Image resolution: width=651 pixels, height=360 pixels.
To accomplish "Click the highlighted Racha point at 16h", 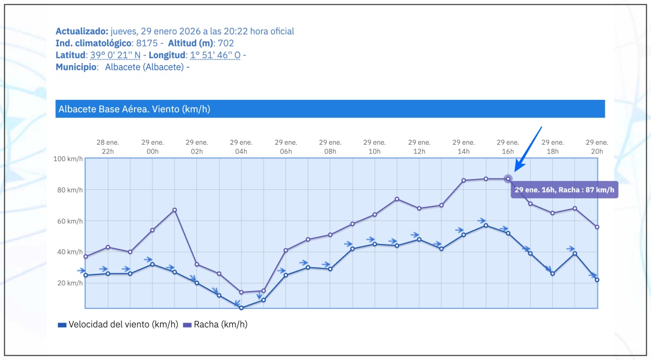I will click(x=508, y=179).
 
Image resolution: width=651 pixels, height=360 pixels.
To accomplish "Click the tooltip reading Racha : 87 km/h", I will click(x=564, y=190).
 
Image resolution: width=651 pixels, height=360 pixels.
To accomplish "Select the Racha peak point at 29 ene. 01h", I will click(x=175, y=210).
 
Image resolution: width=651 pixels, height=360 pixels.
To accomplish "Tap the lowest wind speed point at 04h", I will click(x=241, y=308).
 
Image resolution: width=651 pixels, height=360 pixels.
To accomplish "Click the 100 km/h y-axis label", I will click(x=68, y=159).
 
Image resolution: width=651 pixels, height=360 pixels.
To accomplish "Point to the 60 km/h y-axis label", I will click(x=70, y=221).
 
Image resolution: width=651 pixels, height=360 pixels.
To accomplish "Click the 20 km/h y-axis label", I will click(x=70, y=283).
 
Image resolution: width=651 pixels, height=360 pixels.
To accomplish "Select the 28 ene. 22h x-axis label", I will click(x=108, y=147).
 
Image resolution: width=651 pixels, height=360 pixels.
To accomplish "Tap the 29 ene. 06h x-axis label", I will click(x=286, y=147).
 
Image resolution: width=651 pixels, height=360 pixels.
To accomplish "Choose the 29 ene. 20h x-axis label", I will click(x=597, y=147).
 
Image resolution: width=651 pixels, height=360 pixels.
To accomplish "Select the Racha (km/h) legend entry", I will click(x=215, y=325).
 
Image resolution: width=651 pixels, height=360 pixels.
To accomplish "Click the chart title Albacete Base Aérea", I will click(x=133, y=109).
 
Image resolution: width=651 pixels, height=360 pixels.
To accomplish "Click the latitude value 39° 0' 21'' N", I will click(x=115, y=55).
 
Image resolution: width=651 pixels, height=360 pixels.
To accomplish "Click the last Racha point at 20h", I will click(x=597, y=227).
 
